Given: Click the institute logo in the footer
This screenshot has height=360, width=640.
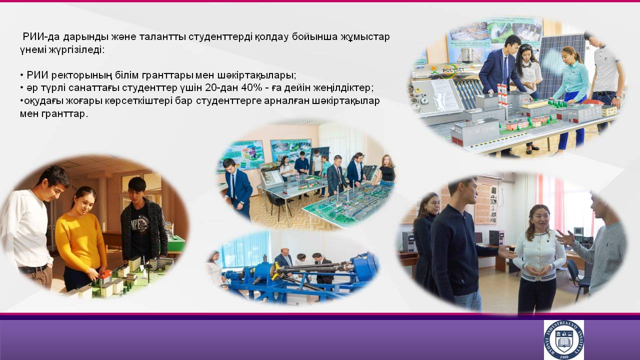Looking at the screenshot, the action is [563, 339].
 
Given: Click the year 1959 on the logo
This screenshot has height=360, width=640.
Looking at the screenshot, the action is [564, 357].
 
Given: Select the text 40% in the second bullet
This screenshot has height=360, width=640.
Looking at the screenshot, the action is [251, 88].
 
